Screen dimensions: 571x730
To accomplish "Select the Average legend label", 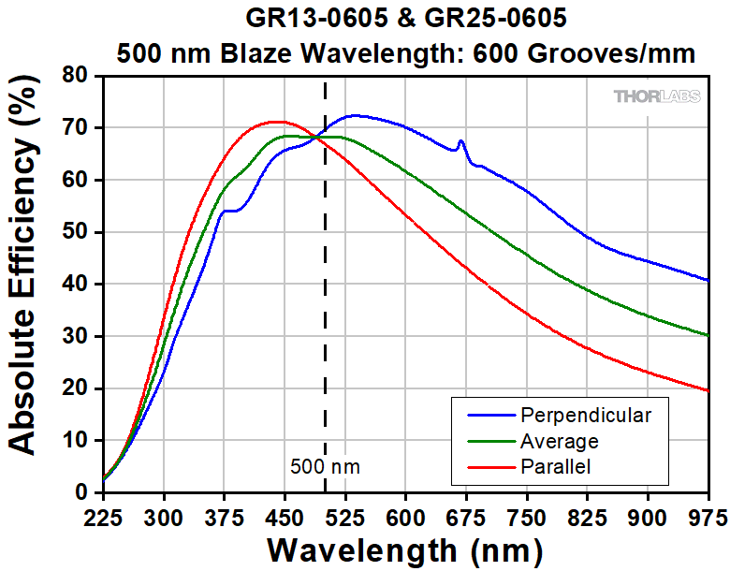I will click(560, 440).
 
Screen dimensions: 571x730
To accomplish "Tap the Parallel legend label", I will click(556, 466).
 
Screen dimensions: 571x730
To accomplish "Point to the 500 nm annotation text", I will click(325, 466).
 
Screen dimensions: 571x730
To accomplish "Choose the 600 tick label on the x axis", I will click(405, 516).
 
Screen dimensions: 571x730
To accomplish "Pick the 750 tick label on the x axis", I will click(525, 516).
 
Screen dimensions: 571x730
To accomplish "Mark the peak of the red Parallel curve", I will click(275, 122).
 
